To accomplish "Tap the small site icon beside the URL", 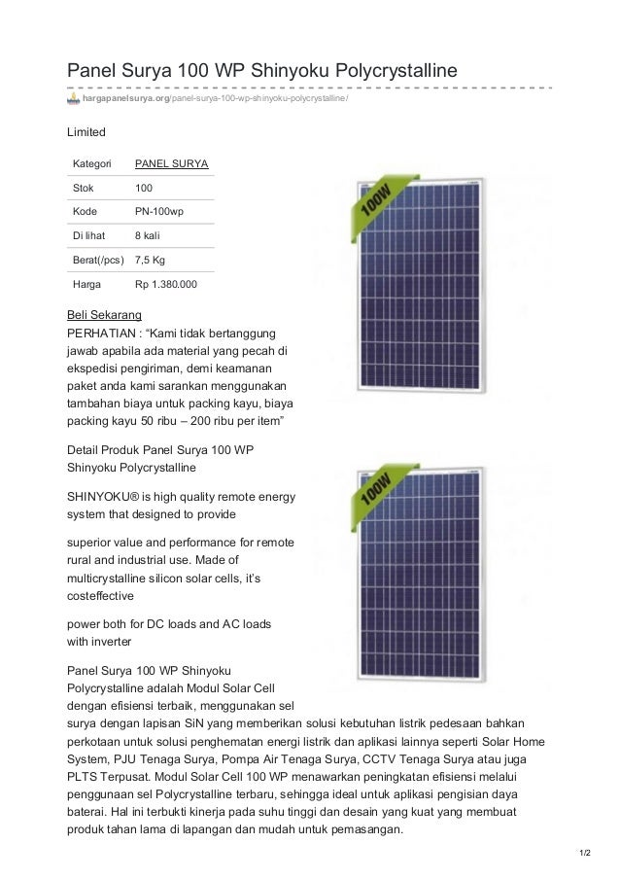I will (73, 99).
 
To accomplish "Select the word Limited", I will (86, 130).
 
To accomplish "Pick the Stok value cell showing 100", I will (144, 186).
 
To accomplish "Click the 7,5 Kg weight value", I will (151, 261).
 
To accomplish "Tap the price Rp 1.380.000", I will (166, 286).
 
